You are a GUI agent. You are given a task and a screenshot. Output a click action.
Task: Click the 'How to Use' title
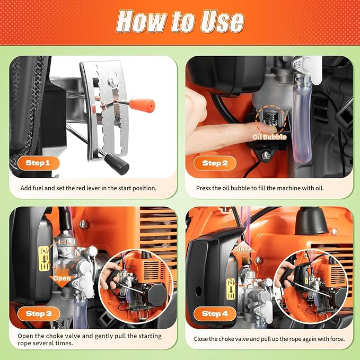(x=180, y=21)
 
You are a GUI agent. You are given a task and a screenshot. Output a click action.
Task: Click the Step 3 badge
(x=38, y=313)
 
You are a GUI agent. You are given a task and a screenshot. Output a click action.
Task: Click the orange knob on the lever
(x=144, y=106)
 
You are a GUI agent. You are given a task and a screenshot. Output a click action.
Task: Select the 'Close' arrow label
(x=243, y=248)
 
